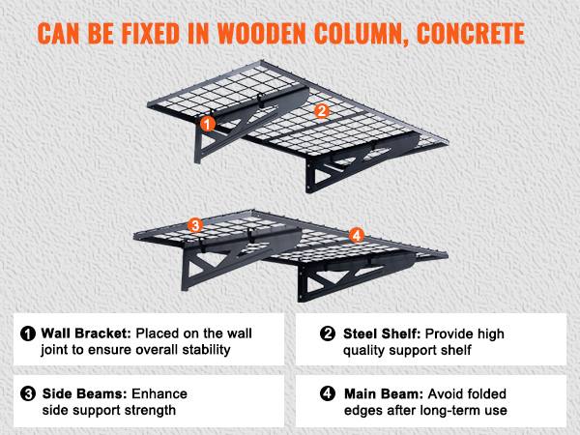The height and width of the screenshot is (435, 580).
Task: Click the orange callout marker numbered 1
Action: point(208,124)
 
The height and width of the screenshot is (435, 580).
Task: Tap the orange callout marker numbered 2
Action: point(322,111)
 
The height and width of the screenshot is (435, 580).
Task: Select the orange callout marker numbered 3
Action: point(195,225)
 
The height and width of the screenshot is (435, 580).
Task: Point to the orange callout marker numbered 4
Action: point(357,235)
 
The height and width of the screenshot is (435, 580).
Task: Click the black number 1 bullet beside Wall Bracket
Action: point(28,333)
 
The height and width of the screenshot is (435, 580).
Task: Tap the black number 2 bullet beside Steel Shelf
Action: point(328,333)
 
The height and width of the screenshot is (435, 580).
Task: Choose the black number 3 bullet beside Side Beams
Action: point(28,393)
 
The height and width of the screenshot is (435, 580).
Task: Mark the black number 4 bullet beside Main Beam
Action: point(328,393)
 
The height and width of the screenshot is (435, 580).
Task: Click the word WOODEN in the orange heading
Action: point(262,34)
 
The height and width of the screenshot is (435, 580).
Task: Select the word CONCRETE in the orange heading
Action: point(471,34)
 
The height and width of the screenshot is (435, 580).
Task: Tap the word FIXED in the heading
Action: point(151,34)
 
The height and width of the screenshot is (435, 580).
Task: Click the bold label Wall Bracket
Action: point(86,333)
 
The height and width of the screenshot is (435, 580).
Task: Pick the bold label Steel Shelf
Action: point(382,333)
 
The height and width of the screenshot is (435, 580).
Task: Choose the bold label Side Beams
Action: point(85,393)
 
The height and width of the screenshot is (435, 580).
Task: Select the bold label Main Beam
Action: point(384,394)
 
